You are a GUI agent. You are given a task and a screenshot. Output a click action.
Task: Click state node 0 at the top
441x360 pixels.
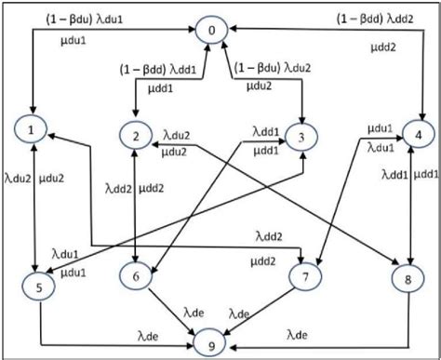pos(212,32)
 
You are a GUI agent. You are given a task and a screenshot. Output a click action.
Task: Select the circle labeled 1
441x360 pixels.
pos(34,124)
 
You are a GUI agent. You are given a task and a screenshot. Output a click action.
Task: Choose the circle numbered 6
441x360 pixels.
pos(136,275)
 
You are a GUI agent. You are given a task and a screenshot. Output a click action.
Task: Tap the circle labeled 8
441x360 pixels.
pos(404,277)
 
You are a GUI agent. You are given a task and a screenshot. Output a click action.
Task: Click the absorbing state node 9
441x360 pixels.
pos(212,346)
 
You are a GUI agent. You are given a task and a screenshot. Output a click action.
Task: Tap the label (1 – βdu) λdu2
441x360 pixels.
pos(274,68)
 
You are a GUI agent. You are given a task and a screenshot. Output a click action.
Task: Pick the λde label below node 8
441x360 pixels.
pos(300,333)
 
